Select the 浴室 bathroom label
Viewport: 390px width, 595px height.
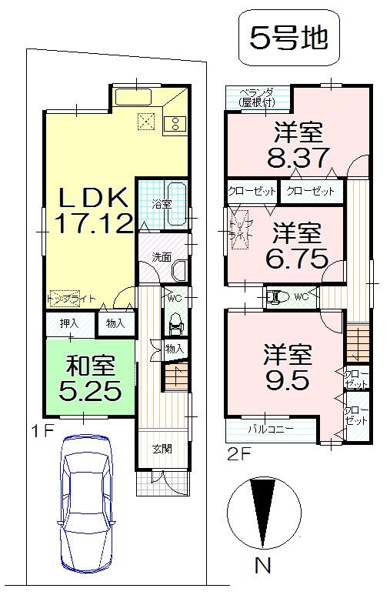(x=161, y=204)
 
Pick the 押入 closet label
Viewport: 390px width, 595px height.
(x=69, y=323)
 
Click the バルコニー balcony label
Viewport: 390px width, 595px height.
(x=269, y=429)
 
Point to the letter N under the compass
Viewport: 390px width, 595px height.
(x=263, y=567)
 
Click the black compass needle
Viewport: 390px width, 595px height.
(x=263, y=508)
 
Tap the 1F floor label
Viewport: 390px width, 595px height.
(x=41, y=430)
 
